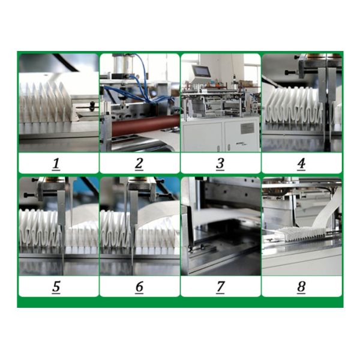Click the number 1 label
point(56,164)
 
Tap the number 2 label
point(139,164)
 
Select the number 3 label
point(220,164)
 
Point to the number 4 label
point(301,164)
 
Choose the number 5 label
point(56,287)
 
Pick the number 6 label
point(139,287)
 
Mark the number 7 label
point(220,287)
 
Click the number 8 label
point(301,287)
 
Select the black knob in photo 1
point(92,105)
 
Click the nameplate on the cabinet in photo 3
point(247,128)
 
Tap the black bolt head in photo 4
point(288,73)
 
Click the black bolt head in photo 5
point(27,195)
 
